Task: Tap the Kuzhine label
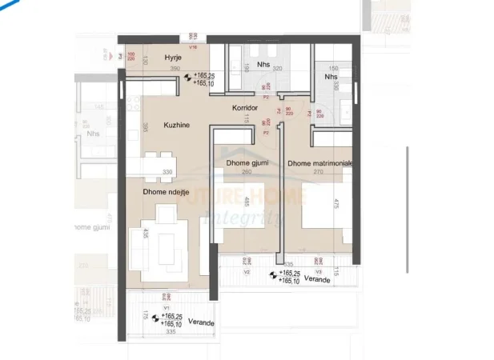coord(176,125)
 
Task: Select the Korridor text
coord(243,107)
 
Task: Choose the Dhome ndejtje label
coord(166,191)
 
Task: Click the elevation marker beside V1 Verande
coord(155,318)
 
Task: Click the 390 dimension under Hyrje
coord(175,69)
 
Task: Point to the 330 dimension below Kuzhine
coord(167,172)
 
